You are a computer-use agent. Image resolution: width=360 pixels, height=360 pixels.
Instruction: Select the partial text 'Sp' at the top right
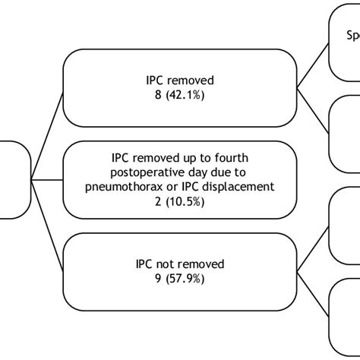(353, 36)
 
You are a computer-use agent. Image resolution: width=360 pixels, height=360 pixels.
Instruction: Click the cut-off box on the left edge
(14, 180)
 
